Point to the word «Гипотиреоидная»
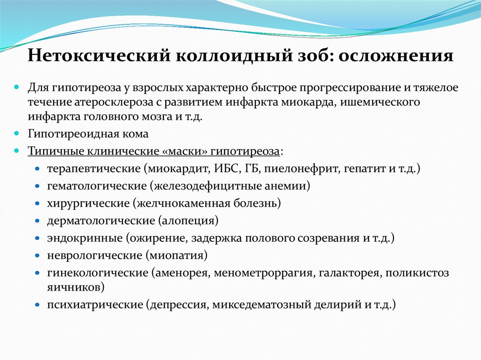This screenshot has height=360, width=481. point(74,134)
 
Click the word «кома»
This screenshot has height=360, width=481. point(136,134)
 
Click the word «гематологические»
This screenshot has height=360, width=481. point(96,186)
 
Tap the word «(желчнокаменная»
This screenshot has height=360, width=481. point(180,203)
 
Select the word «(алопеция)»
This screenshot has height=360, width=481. point(188,221)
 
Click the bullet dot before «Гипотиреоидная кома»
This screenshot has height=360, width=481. point(16,133)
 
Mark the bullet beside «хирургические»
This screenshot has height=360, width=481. point(37,203)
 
